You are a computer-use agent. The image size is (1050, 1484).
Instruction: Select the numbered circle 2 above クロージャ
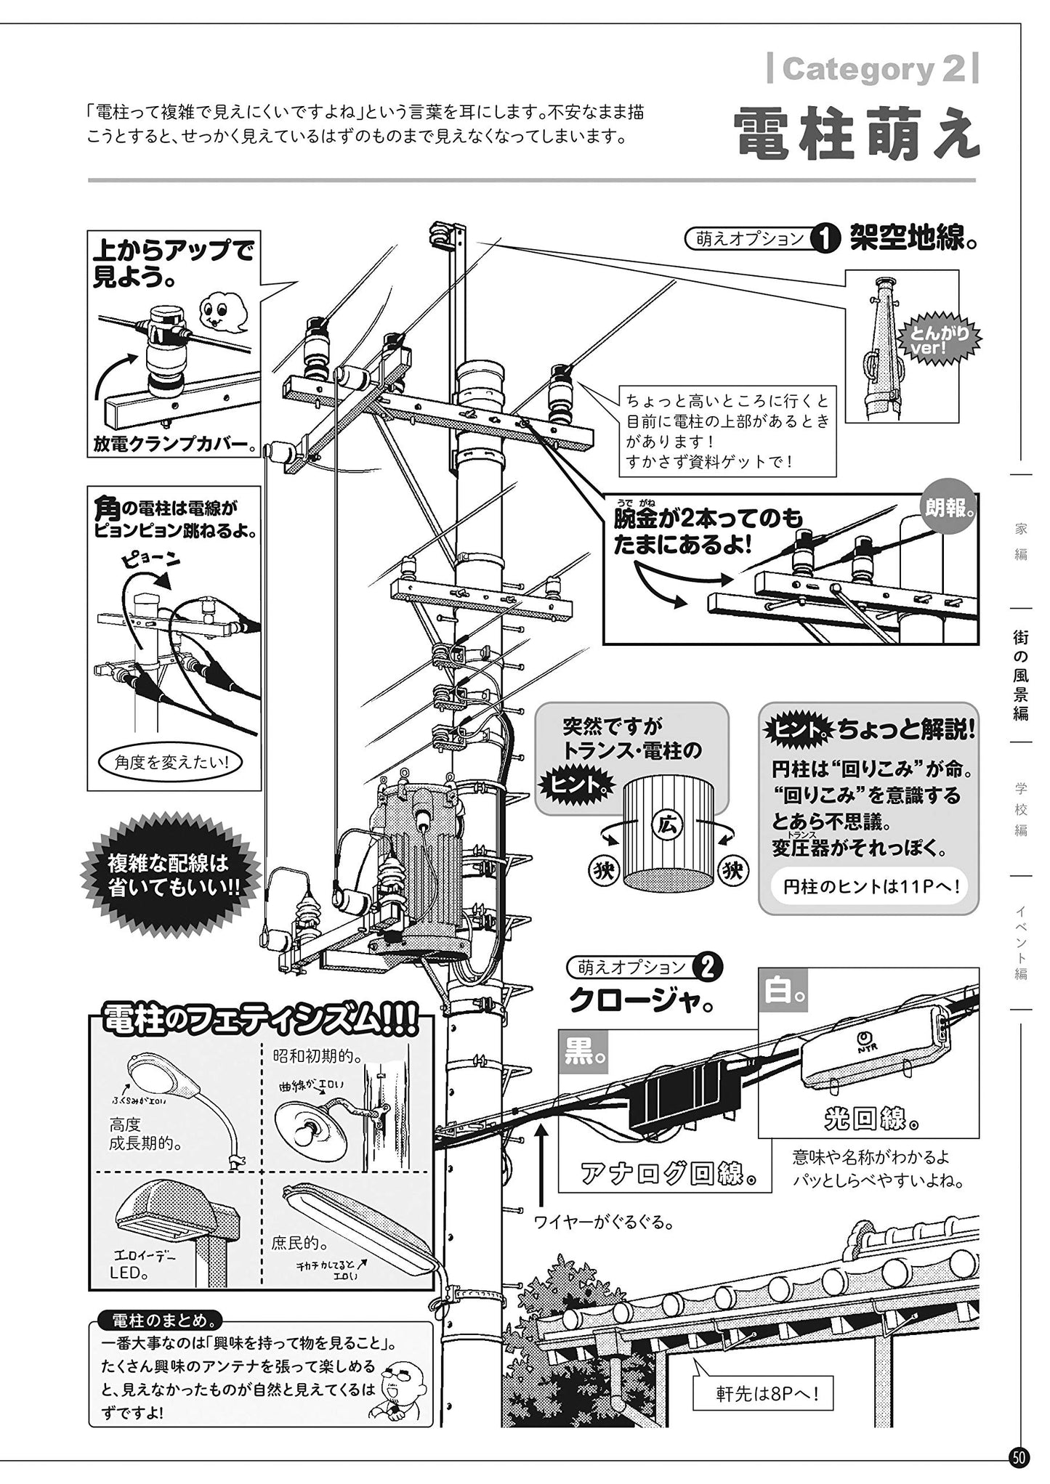point(708,967)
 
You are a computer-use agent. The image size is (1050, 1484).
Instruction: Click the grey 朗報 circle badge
point(948,508)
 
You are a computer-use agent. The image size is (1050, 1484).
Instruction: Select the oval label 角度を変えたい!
point(172,762)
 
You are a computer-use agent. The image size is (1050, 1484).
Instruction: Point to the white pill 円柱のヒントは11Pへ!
point(872,887)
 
